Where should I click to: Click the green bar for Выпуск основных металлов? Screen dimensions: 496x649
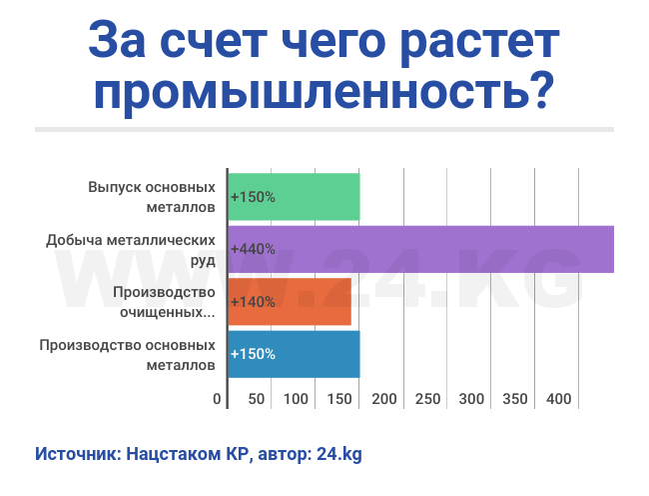coord(294,197)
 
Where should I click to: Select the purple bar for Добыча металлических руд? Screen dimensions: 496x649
coord(420,249)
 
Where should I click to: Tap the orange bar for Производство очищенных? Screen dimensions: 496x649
coord(290,302)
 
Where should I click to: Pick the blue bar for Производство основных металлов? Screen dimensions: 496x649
coord(294,354)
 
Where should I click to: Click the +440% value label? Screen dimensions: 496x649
coord(253,249)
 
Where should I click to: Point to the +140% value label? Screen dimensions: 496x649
coord(253,302)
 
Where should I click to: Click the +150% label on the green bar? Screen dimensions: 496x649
coord(253,197)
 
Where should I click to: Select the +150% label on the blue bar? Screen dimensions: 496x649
coord(253,354)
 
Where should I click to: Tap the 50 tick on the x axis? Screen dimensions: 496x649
coord(257,400)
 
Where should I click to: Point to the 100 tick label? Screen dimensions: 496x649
coord(296,400)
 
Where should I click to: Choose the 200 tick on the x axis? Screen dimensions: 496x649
coord(383,400)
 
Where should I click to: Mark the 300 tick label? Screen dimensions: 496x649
coord(471,400)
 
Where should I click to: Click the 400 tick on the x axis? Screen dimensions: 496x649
coord(559,400)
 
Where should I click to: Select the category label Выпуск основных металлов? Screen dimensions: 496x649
coord(152,197)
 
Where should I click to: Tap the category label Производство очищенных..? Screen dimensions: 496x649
coord(165,302)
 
